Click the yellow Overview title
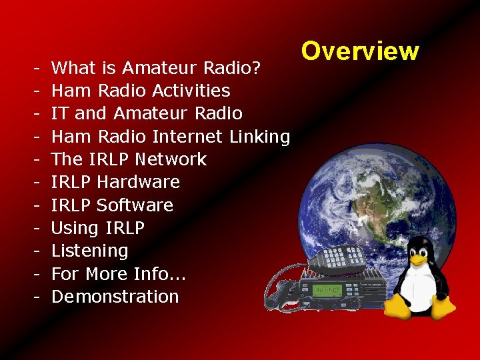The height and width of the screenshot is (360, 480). (359, 51)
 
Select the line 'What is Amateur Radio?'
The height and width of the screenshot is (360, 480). (160, 67)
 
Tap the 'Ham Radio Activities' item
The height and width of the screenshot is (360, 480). (141, 90)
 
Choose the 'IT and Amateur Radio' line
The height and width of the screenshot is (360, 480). (147, 113)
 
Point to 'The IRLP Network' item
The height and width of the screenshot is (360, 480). (129, 159)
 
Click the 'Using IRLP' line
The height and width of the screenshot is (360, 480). (98, 228)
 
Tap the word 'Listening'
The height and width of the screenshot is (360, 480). (89, 251)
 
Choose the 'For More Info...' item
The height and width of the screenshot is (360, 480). (119, 273)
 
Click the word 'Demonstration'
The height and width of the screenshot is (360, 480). (115, 297)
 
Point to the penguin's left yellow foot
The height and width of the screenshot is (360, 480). (398, 306)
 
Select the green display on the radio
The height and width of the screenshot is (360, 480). (328, 291)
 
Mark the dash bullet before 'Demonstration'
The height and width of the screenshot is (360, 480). (33, 297)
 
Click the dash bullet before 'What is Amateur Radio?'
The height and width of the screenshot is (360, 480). (33, 67)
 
